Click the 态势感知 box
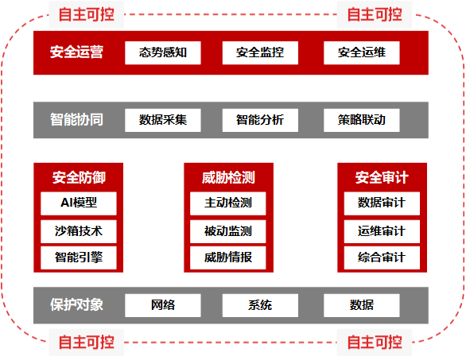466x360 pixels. [163, 53]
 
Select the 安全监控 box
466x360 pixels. [260, 53]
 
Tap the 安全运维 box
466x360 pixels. [361, 53]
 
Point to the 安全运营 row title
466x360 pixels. [76, 52]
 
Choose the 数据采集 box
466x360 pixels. [163, 120]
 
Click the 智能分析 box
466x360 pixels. [260, 120]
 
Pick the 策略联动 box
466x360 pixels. [361, 120]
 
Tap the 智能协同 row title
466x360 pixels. [76, 120]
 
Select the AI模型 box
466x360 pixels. [79, 203]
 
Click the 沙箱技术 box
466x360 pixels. [79, 231]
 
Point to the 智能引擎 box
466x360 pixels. [79, 257]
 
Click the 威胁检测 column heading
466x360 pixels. [228, 178]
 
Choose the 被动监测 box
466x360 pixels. [228, 231]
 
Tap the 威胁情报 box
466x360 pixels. [228, 257]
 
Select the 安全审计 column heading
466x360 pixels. [382, 178]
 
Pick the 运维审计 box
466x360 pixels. [382, 231]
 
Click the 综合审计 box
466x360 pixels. [382, 257]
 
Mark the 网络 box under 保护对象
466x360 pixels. [163, 306]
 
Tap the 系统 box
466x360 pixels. [260, 306]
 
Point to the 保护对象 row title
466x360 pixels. [76, 304]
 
